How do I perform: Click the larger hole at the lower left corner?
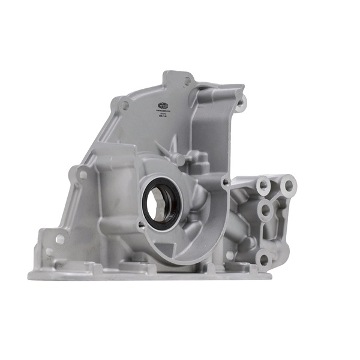60,239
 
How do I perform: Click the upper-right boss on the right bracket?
287,184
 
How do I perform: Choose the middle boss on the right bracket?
265,211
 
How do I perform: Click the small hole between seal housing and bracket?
226,181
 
